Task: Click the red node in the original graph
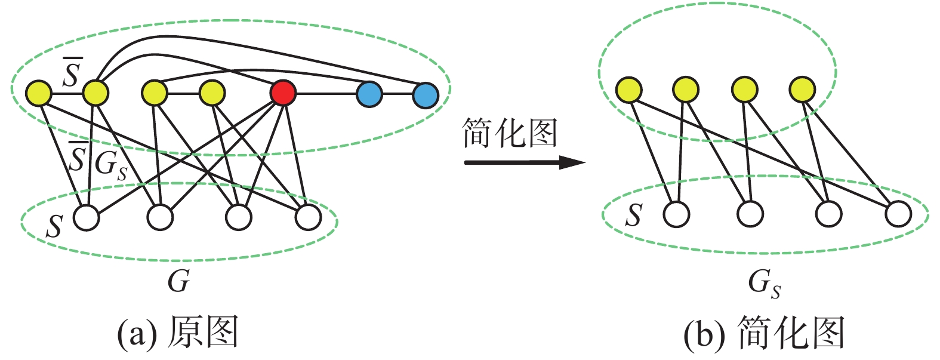coord(282,94)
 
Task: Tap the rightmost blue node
coord(426,94)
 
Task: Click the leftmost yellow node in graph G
coord(39,93)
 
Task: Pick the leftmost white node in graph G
coord(87,218)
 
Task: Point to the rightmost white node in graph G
coord(308,218)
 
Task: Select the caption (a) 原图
coord(177,332)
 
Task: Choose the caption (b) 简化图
coord(765,332)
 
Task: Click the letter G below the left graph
coord(178,281)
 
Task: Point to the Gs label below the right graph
coord(764,283)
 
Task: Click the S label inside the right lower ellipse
coord(633,215)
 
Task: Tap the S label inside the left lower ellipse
coord(54,226)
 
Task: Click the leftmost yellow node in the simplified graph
coord(629,90)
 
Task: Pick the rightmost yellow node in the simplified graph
coord(802,90)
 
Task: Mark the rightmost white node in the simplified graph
coord(899,214)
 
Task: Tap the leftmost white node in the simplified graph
coord(676,214)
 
